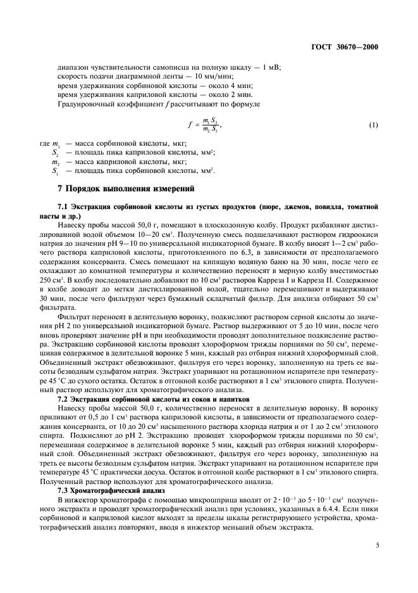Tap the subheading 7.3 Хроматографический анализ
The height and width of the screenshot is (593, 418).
111,473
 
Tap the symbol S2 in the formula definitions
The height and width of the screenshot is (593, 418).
56,153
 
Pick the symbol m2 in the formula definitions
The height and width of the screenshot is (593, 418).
56,162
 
